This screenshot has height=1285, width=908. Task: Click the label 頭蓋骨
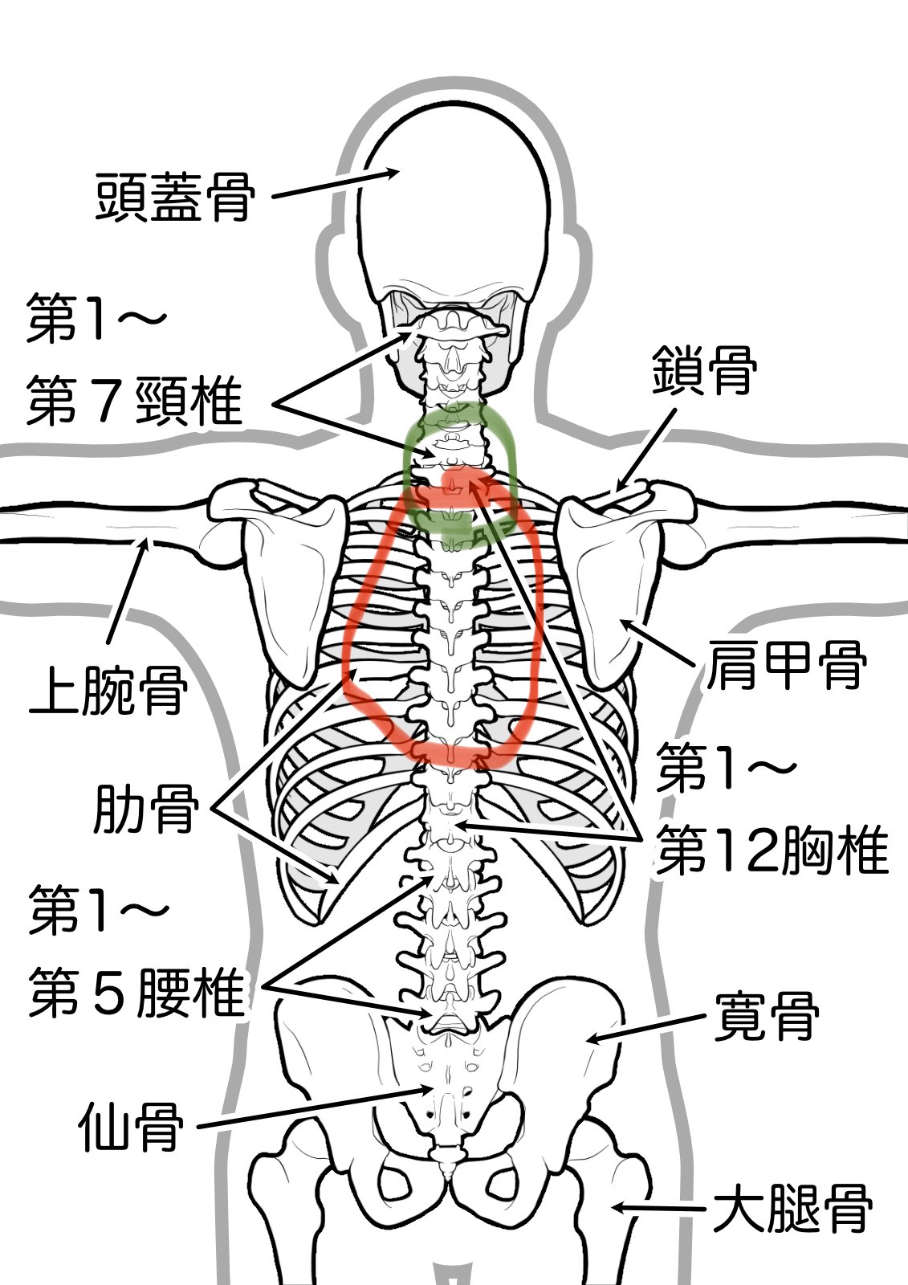coord(175,197)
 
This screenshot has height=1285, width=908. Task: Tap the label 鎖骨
coord(703,370)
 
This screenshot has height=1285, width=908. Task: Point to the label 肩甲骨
coord(786,665)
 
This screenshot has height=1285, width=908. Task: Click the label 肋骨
coord(145,810)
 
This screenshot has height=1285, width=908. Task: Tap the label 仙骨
coord(131,1127)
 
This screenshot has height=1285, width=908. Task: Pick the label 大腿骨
coord(792,1209)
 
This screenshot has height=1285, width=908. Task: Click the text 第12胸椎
coord(772,851)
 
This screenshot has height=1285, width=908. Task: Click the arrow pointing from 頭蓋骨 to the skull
coord(336,184)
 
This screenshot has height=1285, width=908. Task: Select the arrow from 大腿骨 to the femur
coord(658,1208)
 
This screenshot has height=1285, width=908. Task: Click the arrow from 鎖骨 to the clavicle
coord(646,448)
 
